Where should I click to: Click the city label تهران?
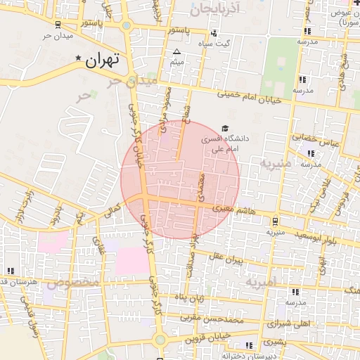pos(103,61)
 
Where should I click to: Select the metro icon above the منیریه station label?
pos(275,220)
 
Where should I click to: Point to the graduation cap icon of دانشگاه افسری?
pos(224,129)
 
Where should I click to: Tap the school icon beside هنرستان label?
pos(10,271)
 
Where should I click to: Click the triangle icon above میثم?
pos(176,52)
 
